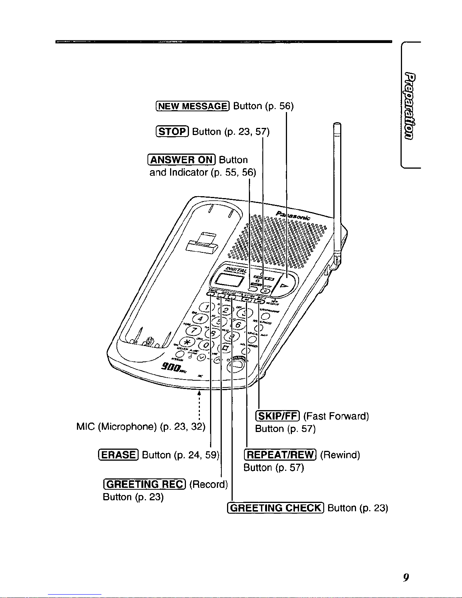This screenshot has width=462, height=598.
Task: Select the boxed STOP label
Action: (x=172, y=132)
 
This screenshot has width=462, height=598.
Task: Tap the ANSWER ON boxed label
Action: (x=182, y=160)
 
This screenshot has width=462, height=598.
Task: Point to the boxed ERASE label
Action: (x=118, y=455)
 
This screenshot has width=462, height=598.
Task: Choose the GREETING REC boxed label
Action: (x=144, y=484)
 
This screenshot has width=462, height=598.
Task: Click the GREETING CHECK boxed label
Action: (x=276, y=508)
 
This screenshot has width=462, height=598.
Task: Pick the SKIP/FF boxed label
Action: (x=278, y=416)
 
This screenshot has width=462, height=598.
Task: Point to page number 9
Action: (x=406, y=577)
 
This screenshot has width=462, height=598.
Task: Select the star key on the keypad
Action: (x=186, y=342)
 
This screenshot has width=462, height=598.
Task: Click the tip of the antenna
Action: (x=337, y=125)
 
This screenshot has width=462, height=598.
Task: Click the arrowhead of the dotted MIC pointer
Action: (x=199, y=392)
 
